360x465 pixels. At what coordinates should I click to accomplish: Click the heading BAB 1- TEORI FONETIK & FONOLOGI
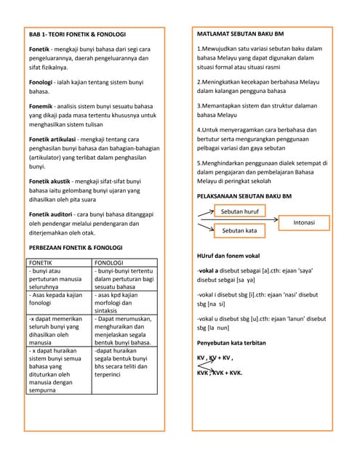tap(77, 34)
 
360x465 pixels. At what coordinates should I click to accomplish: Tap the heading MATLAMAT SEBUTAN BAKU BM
tap(241, 34)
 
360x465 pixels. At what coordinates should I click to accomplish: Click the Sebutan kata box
tap(239, 230)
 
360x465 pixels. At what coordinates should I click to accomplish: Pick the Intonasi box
tap(308, 221)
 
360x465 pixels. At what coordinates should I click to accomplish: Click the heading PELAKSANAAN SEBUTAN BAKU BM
tap(244, 196)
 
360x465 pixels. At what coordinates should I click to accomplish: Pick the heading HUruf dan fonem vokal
tap(228, 256)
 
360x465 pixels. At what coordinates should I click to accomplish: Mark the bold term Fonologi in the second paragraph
tap(43, 82)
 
